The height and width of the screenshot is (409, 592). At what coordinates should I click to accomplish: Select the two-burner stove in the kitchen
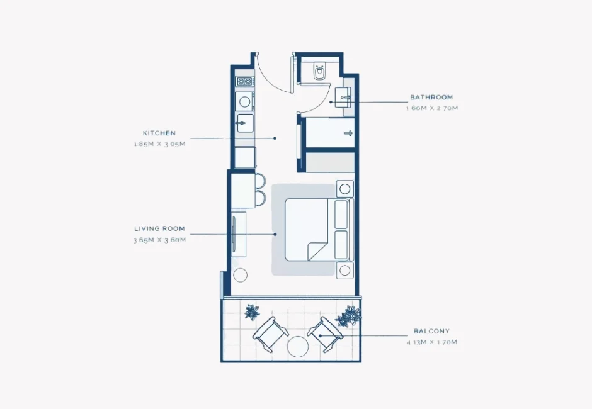(x=244, y=81)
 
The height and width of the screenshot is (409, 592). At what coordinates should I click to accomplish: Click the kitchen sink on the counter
(x=244, y=123)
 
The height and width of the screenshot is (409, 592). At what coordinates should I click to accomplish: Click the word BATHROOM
(x=431, y=98)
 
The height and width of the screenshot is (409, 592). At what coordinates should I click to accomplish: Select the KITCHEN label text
(x=159, y=133)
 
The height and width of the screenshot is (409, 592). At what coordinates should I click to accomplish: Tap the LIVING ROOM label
(x=159, y=229)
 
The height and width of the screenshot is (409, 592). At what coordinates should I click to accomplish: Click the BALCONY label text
(x=431, y=331)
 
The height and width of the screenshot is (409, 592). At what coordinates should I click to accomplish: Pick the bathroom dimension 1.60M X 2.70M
(x=431, y=108)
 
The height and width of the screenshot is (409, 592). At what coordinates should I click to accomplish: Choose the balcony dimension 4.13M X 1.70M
(x=431, y=342)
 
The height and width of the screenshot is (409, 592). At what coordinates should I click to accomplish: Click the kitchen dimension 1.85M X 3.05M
(x=159, y=144)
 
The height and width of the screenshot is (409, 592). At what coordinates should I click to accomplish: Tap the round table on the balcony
(x=297, y=347)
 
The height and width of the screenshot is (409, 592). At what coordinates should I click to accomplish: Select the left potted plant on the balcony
(x=252, y=311)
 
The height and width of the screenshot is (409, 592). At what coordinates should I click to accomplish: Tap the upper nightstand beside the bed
(x=344, y=188)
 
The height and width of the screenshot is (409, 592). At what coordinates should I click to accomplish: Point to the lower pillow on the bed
(x=341, y=244)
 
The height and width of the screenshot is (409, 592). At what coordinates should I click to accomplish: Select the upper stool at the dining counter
(x=260, y=181)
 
